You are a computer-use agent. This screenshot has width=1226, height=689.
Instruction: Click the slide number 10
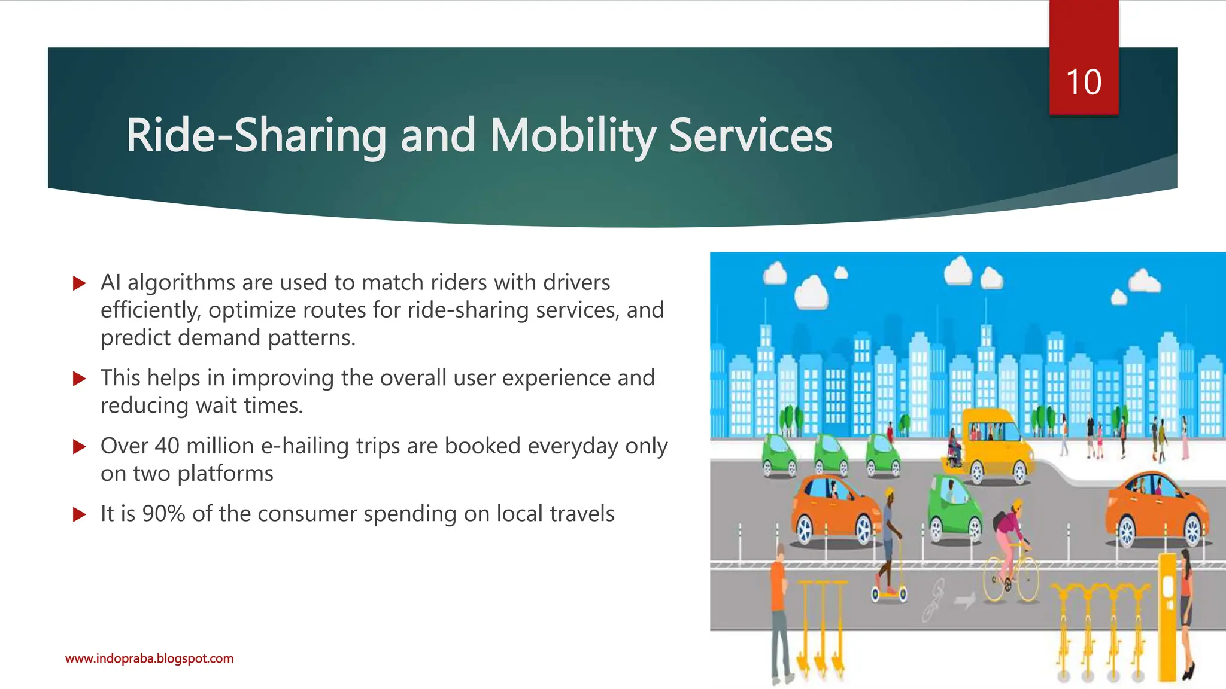[x=1084, y=82]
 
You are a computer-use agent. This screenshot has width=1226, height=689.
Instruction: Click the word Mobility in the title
[x=573, y=136]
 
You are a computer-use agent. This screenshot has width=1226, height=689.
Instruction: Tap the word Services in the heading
[x=750, y=136]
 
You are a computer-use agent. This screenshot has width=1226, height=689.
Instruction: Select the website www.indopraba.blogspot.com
[x=149, y=658]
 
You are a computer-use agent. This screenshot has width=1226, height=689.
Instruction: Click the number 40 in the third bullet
[x=167, y=446]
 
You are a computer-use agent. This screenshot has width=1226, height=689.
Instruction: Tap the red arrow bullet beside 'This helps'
[x=79, y=379]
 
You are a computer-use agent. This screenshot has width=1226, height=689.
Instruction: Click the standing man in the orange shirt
[x=778, y=610]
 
